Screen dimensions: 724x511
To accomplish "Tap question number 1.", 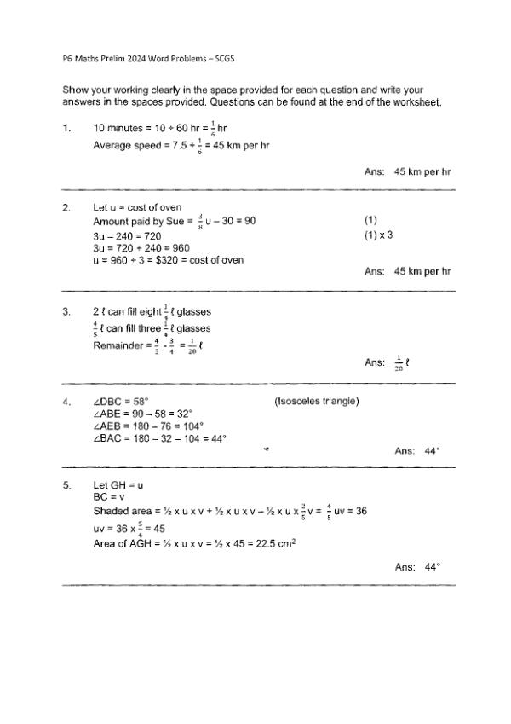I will tap(66, 128).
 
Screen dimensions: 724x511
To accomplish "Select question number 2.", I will tap(66, 207).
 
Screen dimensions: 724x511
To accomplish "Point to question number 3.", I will tap(66, 312).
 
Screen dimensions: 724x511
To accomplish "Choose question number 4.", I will tap(66, 401).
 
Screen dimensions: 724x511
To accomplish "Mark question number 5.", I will tap(66, 484).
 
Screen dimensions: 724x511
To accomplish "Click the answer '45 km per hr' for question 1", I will tap(422, 171).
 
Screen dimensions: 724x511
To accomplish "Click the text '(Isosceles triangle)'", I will tap(316, 401).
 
